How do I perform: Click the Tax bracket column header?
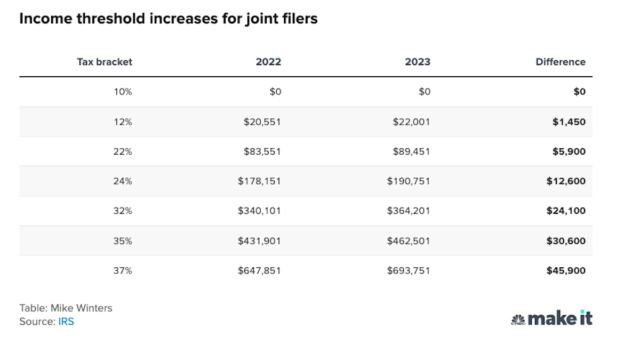tap(105, 62)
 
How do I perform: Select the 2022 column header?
tap(268, 62)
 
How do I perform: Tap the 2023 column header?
tap(418, 62)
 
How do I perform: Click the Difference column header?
tap(561, 62)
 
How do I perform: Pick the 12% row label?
tap(123, 122)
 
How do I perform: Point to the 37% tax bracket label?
tap(123, 271)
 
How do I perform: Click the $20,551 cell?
tap(262, 122)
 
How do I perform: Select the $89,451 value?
tap(409, 151)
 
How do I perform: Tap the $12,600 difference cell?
tap(566, 181)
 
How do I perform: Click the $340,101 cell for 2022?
tap(259, 211)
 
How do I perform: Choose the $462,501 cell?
tap(409, 241)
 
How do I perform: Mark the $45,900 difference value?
tap(566, 271)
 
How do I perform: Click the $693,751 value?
tap(409, 271)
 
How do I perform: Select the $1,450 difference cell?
tap(569, 122)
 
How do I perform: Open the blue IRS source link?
tap(66, 322)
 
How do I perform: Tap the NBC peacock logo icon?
tap(518, 320)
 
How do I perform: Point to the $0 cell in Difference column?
tap(579, 92)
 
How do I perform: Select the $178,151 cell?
tap(259, 181)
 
